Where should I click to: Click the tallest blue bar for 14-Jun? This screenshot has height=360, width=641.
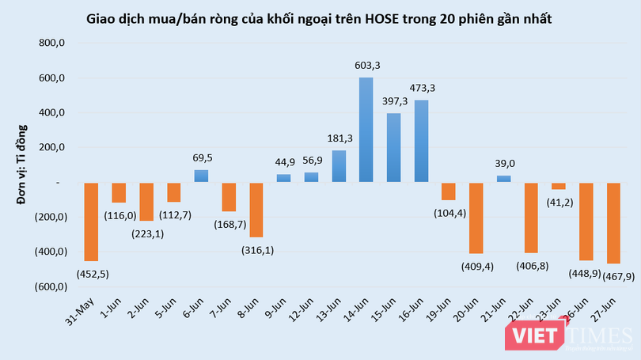click(366, 130)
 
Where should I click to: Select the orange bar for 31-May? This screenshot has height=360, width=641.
click(92, 222)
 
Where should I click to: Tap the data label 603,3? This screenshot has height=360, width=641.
click(367, 66)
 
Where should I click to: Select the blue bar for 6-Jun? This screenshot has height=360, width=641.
click(202, 176)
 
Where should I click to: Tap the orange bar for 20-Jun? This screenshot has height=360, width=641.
click(476, 218)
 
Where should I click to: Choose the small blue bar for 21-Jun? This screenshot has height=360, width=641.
click(504, 179)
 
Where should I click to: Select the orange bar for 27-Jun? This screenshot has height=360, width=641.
click(613, 222)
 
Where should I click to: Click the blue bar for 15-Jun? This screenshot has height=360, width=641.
click(393, 148)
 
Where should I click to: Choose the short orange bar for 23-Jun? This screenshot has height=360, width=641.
click(559, 186)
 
